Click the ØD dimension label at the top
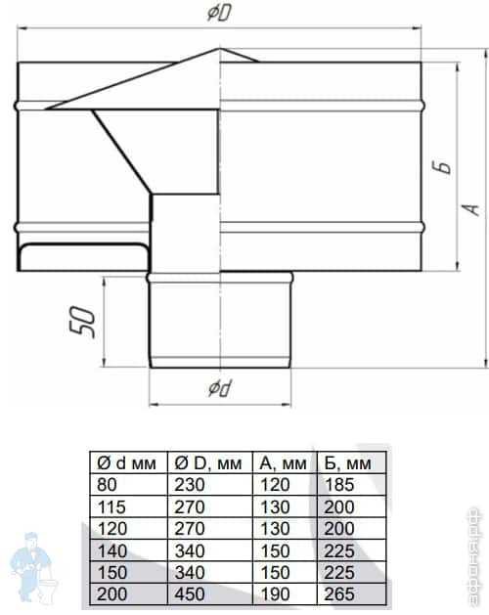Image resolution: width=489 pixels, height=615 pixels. (x=219, y=14)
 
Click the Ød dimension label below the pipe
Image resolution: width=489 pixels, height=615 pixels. (x=220, y=388)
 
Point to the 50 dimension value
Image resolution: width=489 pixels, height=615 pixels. (x=82, y=322)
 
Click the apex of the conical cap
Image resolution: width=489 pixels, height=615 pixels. (x=219, y=48)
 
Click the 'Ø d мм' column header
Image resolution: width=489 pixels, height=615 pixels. (x=126, y=463)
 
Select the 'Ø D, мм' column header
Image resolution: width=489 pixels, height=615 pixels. (x=207, y=463)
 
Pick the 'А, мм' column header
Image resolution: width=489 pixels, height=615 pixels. (x=283, y=463)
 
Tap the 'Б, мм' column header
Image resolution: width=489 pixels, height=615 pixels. (x=347, y=463)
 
